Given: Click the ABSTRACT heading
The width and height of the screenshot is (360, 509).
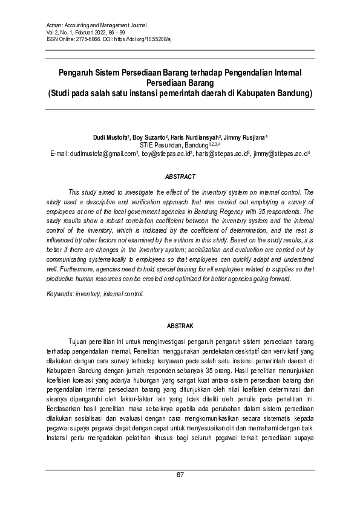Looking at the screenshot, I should pyautogui.click(x=180, y=177).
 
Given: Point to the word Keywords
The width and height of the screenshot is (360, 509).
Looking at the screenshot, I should pyautogui.click(x=61, y=294).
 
